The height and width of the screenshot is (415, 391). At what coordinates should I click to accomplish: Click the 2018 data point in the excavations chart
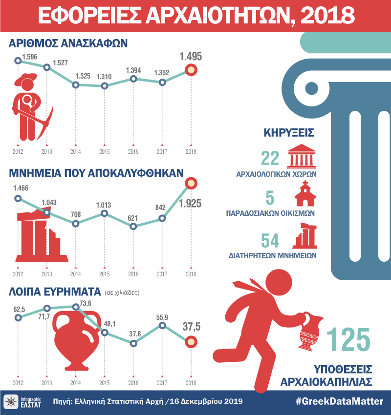(191, 70)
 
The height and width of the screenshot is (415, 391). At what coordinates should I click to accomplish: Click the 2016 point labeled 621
(133, 226)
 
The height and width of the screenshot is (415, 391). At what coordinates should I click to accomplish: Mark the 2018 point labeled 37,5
(191, 341)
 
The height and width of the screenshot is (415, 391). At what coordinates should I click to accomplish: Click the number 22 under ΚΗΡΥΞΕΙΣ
(270, 159)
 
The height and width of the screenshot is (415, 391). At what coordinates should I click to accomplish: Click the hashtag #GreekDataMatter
(340, 402)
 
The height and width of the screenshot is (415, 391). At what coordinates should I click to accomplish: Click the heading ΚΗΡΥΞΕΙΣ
(288, 132)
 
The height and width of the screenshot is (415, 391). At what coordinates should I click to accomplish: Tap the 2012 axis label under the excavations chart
(18, 152)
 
